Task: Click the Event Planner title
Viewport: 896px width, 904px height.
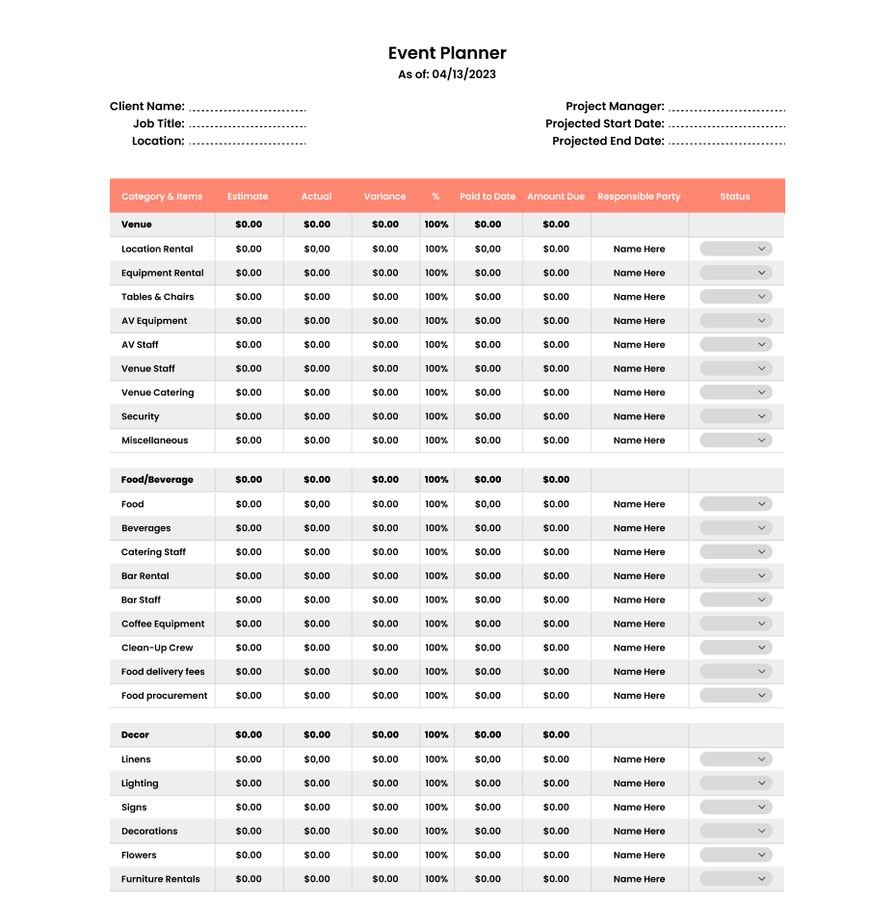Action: [447, 53]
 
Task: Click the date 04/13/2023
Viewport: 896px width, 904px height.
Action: [463, 74]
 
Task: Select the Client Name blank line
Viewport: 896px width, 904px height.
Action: [248, 109]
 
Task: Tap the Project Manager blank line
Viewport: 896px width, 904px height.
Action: [726, 109]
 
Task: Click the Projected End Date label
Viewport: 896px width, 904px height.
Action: [608, 141]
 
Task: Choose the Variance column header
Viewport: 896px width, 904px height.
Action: [384, 197]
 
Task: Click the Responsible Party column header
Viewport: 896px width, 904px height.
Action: [639, 197]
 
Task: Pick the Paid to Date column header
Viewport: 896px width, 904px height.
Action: [488, 197]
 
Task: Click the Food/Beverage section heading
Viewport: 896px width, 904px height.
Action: [157, 479]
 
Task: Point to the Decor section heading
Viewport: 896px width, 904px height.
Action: [136, 734]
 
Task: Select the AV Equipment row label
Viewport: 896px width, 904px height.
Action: [154, 321]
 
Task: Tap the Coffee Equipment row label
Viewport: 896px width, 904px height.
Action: [163, 624]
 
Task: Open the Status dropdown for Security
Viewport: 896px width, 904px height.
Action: [736, 416]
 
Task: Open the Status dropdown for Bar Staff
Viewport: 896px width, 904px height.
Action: [736, 599]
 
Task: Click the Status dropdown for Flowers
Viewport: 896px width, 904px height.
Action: [736, 855]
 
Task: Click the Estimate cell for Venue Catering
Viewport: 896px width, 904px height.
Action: [249, 392]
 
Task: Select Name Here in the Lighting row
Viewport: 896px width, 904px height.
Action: [639, 784]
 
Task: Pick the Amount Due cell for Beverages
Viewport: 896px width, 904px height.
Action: [556, 528]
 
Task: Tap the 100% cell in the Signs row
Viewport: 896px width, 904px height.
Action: [436, 808]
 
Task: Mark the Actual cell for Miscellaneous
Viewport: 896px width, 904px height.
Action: [317, 440]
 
